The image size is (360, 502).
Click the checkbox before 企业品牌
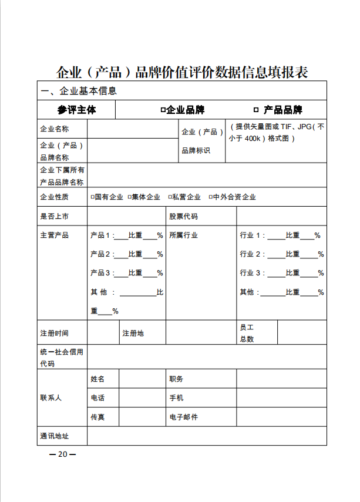[163, 110]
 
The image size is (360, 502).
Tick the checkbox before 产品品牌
[255, 110]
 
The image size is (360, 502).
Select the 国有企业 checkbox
[93, 197]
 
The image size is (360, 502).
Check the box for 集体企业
[129, 197]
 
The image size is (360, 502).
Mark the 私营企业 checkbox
[170, 197]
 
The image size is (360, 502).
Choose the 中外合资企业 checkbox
[210, 197]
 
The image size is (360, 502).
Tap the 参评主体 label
[76, 110]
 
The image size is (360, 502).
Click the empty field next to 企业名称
[132, 129]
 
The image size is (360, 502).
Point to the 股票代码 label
[183, 216]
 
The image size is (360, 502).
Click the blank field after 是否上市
[126, 216]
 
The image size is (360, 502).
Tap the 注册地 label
[133, 333]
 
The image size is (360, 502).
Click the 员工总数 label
[247, 333]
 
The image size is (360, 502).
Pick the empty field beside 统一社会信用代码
[207, 356]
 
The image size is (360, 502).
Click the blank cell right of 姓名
[142, 379]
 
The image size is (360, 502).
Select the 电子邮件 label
[183, 417]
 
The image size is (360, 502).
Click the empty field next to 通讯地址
[207, 436]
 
